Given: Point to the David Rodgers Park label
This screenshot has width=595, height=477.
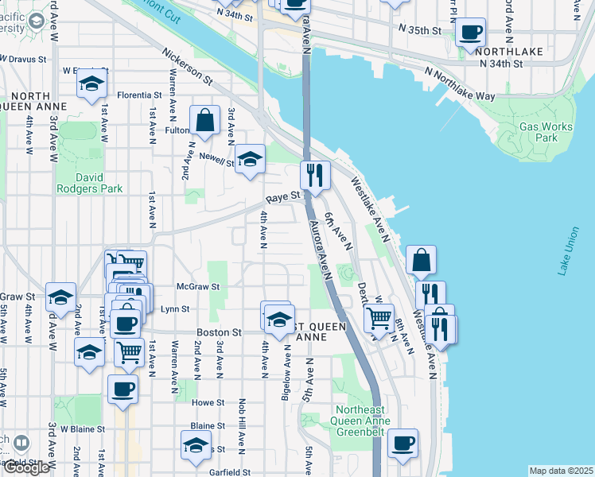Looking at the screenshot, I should tap(89, 183).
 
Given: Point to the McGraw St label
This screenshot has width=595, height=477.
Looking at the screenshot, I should tap(197, 286).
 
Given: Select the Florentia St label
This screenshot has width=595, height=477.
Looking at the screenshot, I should tap(139, 95).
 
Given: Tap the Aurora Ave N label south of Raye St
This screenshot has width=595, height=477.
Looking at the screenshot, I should tap(319, 250).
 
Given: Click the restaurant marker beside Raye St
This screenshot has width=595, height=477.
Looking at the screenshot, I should tap(315, 174).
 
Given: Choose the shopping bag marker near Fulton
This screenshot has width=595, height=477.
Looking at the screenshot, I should tap(204, 121).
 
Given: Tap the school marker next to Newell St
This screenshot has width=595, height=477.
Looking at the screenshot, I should tap(250, 157).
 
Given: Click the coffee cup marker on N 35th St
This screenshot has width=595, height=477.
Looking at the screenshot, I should tap(471, 33).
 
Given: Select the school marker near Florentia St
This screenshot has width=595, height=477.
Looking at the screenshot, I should tap(93, 83).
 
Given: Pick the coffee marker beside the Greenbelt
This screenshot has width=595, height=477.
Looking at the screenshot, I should tap(403, 443).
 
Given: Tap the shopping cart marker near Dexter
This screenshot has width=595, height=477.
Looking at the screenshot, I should tap(379, 318).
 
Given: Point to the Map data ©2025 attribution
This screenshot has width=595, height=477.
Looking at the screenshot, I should tap(561, 471).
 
